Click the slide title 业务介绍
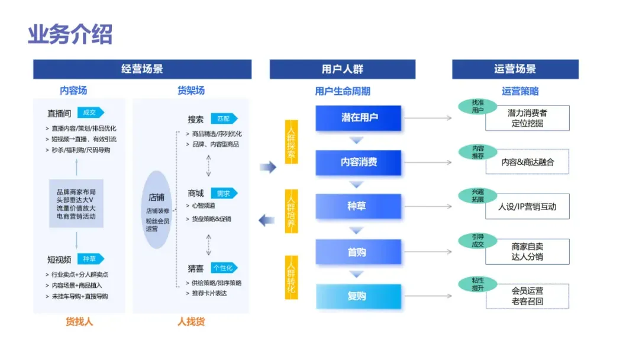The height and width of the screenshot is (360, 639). click(x=70, y=34)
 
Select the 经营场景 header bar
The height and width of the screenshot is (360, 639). click(x=142, y=69)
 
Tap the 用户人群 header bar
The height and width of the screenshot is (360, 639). click(x=342, y=69)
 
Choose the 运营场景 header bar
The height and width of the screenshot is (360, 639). click(x=515, y=69)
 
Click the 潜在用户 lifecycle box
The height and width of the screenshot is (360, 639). click(x=359, y=118)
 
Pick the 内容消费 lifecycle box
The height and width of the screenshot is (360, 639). click(x=359, y=162)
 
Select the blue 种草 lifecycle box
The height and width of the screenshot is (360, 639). click(x=359, y=206)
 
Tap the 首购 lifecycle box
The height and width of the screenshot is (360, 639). click(x=359, y=252)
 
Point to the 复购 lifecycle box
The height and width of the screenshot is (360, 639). click(x=359, y=296)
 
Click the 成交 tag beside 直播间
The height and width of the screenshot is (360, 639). click(x=90, y=112)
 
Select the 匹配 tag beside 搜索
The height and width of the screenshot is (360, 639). click(x=224, y=118)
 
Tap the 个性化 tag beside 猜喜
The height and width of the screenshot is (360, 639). click(x=224, y=268)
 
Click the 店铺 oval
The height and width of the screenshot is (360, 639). click(x=156, y=210)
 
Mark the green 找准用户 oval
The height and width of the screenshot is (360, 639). click(x=477, y=107)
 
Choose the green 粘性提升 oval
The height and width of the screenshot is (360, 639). click(x=477, y=284)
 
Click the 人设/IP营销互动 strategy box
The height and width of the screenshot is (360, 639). click(x=527, y=207)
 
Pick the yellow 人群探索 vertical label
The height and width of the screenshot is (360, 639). click(x=291, y=142)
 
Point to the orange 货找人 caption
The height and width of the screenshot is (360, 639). click(x=79, y=322)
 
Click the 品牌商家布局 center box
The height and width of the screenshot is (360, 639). click(x=76, y=204)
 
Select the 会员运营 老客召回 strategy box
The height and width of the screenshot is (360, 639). click(x=527, y=296)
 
